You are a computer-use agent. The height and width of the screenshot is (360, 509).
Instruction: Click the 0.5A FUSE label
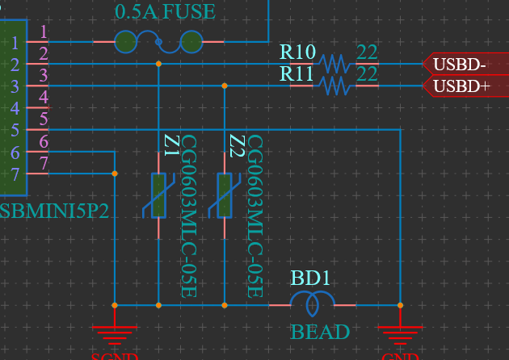[165, 12]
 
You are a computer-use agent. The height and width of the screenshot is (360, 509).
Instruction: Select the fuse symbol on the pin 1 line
[158, 41]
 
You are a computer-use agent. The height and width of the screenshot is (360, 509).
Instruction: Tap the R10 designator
[297, 52]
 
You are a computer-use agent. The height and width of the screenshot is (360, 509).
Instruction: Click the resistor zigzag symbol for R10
[333, 63]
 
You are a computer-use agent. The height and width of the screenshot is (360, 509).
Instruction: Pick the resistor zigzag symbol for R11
[333, 85]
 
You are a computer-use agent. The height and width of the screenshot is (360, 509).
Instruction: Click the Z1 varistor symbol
[158, 196]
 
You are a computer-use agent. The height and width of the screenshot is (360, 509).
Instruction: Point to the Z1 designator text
[170, 145]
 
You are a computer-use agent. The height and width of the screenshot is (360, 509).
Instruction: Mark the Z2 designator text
[237, 145]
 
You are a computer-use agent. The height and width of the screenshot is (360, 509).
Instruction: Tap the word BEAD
[320, 332]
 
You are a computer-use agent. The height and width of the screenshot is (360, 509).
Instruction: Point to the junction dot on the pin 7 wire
[115, 173]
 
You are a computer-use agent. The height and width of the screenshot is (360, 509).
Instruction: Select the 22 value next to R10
[367, 52]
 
